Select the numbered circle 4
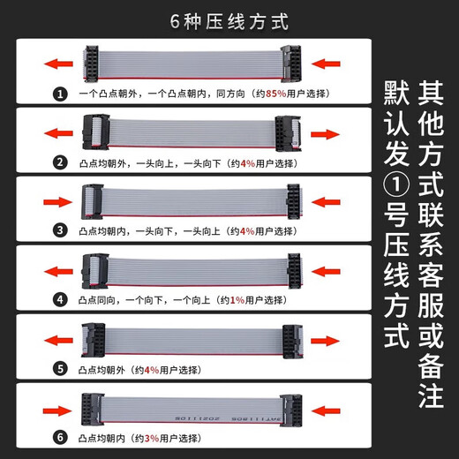coord(60,299)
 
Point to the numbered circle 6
coord(60,437)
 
